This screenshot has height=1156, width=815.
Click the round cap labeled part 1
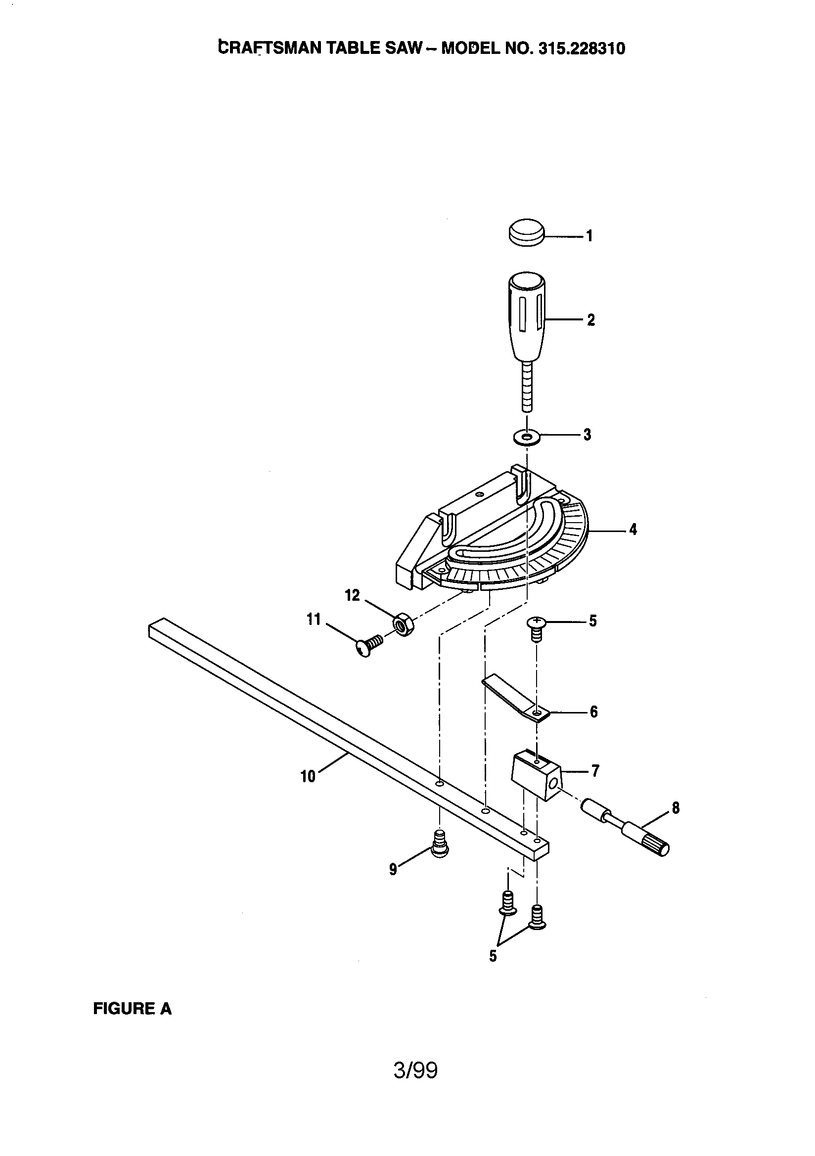pyautogui.click(x=526, y=232)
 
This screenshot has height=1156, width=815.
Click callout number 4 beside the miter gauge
pyautogui.click(x=633, y=529)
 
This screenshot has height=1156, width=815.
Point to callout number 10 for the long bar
pyautogui.click(x=308, y=776)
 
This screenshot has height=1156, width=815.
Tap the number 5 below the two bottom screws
pyautogui.click(x=493, y=956)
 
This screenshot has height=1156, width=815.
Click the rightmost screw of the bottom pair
pyautogui.click(x=538, y=917)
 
